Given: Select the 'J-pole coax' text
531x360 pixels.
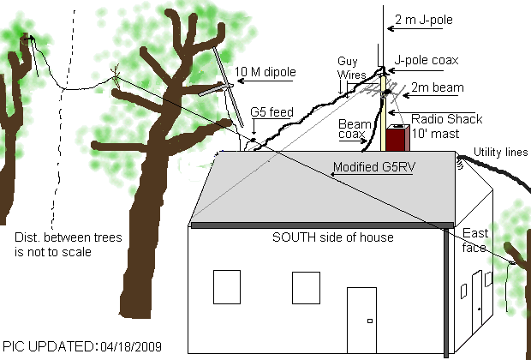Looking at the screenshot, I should click(x=427, y=62).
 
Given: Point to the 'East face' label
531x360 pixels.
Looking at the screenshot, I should click(x=474, y=241).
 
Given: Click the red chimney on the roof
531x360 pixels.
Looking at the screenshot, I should click(x=397, y=140).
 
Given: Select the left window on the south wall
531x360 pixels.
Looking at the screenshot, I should click(x=226, y=286).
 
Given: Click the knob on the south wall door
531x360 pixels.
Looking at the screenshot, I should click(x=369, y=321).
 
